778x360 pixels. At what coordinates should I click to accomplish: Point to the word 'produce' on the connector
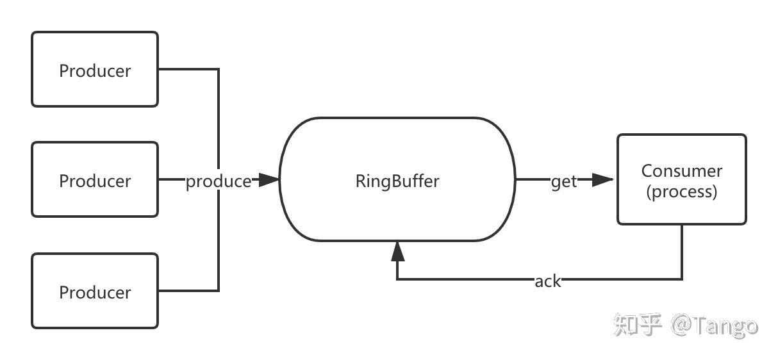coord(219,181)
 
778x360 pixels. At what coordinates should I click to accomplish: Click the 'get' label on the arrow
coord(564,181)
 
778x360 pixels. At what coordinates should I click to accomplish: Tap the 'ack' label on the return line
coord(547,281)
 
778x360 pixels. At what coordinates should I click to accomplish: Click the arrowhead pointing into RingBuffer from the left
coord(270,180)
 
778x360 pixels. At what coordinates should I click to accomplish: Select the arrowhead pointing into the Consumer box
coord(602,180)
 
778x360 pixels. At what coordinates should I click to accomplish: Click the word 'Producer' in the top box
coord(95,70)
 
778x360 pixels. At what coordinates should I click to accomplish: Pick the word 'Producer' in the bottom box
coord(95,292)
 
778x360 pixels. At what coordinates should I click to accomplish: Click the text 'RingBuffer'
coord(397,181)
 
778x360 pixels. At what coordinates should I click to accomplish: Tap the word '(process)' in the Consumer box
coord(681,191)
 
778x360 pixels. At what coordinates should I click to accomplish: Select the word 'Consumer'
coord(681,171)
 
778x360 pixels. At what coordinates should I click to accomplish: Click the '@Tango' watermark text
coord(715,326)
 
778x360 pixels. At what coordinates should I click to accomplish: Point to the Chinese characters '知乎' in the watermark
coord(637,325)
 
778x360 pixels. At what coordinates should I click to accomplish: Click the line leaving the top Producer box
coord(189,69)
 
